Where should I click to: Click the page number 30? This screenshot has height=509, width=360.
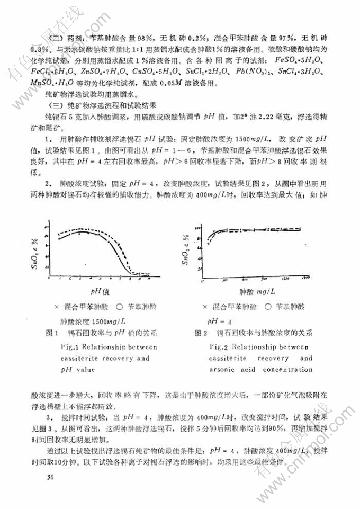[x=51, y=478]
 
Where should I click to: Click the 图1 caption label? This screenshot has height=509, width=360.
[x=51, y=333]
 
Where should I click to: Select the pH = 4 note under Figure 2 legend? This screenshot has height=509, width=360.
[x=218, y=320]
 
